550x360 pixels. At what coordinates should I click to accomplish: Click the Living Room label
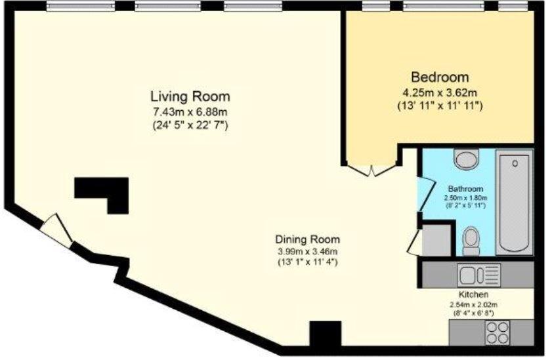pos(190,96)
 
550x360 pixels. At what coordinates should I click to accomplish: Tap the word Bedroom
pos(440,76)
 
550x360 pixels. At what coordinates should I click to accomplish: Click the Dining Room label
pos(307,239)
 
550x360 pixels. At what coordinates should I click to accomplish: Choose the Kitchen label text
pos(473,295)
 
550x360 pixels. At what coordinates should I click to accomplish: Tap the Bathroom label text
pos(465,188)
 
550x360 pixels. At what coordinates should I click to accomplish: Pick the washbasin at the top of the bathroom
pos(467,159)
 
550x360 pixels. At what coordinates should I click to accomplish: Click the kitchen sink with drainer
pos(480,273)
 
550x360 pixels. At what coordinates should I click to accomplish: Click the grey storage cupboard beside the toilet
pos(435,240)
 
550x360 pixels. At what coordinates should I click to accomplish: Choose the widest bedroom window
pos(444,7)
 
